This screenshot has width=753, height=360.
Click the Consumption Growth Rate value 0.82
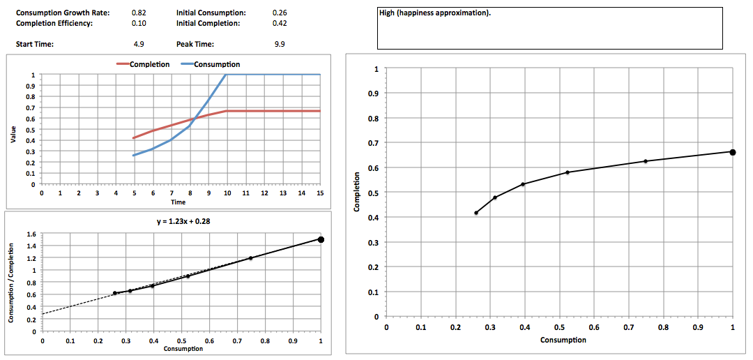(x=138, y=13)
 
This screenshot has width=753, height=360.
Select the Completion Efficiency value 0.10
(x=138, y=23)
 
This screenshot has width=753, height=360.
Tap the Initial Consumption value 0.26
(x=280, y=13)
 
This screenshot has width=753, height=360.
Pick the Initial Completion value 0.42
(x=280, y=23)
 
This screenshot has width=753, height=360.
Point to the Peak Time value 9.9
(x=280, y=44)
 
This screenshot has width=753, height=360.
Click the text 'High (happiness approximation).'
(x=434, y=13)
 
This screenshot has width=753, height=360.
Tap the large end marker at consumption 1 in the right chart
(x=733, y=152)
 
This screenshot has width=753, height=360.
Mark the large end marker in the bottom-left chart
(x=321, y=239)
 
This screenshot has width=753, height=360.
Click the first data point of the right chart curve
(x=476, y=213)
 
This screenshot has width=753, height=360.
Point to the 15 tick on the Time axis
(x=320, y=193)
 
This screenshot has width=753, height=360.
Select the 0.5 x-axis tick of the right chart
(x=559, y=327)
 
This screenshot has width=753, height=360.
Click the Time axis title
(x=178, y=202)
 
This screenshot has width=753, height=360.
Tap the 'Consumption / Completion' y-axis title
(x=11, y=283)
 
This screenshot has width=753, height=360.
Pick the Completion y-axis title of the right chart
(x=357, y=192)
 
